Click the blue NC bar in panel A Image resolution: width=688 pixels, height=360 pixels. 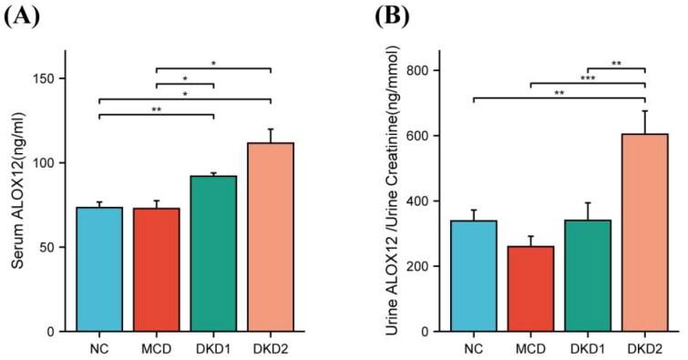pos(99,269)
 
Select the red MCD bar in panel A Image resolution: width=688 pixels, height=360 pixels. pos(157,269)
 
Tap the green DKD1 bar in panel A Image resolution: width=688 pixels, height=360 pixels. pos(213,253)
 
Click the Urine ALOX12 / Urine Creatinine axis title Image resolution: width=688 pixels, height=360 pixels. pos(393,191)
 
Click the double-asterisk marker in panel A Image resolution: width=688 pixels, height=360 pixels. pos(157,109)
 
